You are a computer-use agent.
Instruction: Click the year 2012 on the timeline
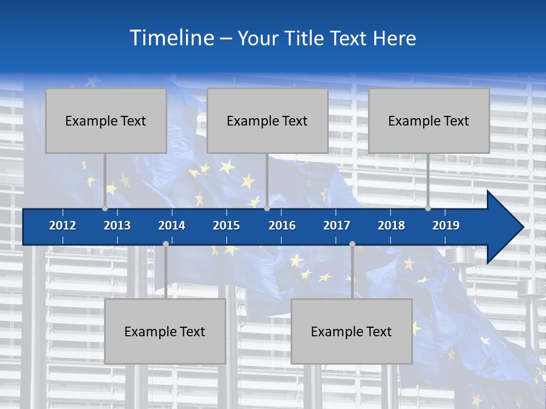(63, 226)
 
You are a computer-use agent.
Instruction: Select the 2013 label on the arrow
(117, 226)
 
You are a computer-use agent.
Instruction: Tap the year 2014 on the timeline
(172, 226)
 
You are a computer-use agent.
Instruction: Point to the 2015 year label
(226, 226)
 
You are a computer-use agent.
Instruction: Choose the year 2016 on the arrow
(282, 226)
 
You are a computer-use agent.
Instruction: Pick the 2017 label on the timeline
(337, 226)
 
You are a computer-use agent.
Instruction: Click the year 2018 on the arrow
(391, 226)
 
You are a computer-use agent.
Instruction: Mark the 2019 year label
(446, 226)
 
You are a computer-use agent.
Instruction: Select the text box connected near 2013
(106, 120)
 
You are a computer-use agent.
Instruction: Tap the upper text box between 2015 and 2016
(267, 120)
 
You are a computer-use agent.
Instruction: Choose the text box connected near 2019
(429, 120)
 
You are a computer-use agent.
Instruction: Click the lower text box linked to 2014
(165, 331)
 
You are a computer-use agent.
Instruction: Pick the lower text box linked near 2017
(351, 331)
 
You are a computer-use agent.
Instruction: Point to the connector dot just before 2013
(105, 208)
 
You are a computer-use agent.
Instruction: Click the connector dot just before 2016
(267, 208)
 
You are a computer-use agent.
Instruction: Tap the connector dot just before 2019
(428, 208)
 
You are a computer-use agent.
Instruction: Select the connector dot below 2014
(166, 244)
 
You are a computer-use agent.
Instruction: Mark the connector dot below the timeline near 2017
(352, 244)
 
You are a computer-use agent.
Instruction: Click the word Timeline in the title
(172, 37)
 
